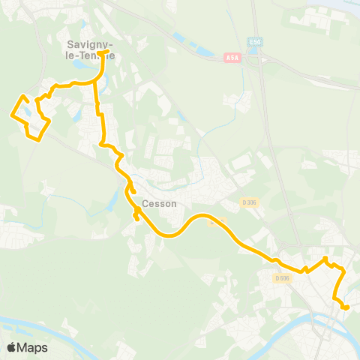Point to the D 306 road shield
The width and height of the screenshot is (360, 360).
click(249, 202)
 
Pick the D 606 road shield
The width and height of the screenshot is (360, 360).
click(282, 278)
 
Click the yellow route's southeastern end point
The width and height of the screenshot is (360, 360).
click(346, 307)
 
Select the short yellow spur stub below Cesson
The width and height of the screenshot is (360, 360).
click(136, 217)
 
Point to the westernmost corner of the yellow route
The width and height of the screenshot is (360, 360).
click(10, 115)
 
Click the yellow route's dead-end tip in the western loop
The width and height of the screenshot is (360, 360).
click(37, 99)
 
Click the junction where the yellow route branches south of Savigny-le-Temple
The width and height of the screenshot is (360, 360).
click(95, 82)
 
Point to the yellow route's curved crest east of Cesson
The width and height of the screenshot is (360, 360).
click(202, 217)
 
